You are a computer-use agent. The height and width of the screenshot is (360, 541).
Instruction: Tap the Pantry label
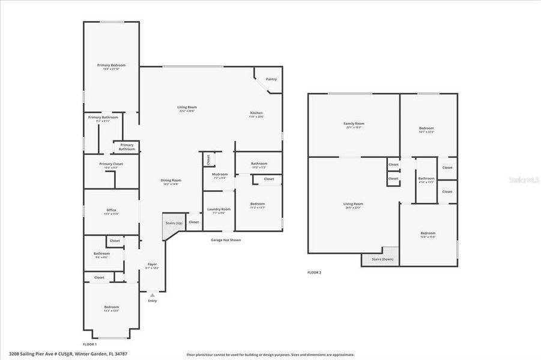point(271,79)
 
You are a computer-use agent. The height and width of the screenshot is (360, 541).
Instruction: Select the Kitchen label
point(256,113)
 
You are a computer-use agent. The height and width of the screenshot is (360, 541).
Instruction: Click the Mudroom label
point(219,174)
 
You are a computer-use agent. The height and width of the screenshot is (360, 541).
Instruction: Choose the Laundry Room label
point(219,209)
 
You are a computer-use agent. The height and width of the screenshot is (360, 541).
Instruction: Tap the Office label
point(111,210)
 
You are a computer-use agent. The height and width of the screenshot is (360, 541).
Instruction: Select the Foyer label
point(152,264)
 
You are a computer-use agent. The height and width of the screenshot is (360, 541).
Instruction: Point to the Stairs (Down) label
point(381,259)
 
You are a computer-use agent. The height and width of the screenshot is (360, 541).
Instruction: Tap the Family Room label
point(354,124)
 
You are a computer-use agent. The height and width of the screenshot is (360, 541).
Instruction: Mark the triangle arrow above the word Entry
point(152,295)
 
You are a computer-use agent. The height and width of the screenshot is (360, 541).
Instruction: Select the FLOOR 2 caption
point(314,272)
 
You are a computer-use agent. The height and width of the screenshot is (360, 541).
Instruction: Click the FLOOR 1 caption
point(89,344)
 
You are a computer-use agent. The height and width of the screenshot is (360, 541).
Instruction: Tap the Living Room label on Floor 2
point(353,204)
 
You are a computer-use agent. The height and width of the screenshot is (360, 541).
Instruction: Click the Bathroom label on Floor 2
point(426,178)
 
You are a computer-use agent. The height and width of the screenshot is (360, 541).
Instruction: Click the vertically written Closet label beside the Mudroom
point(208,160)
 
